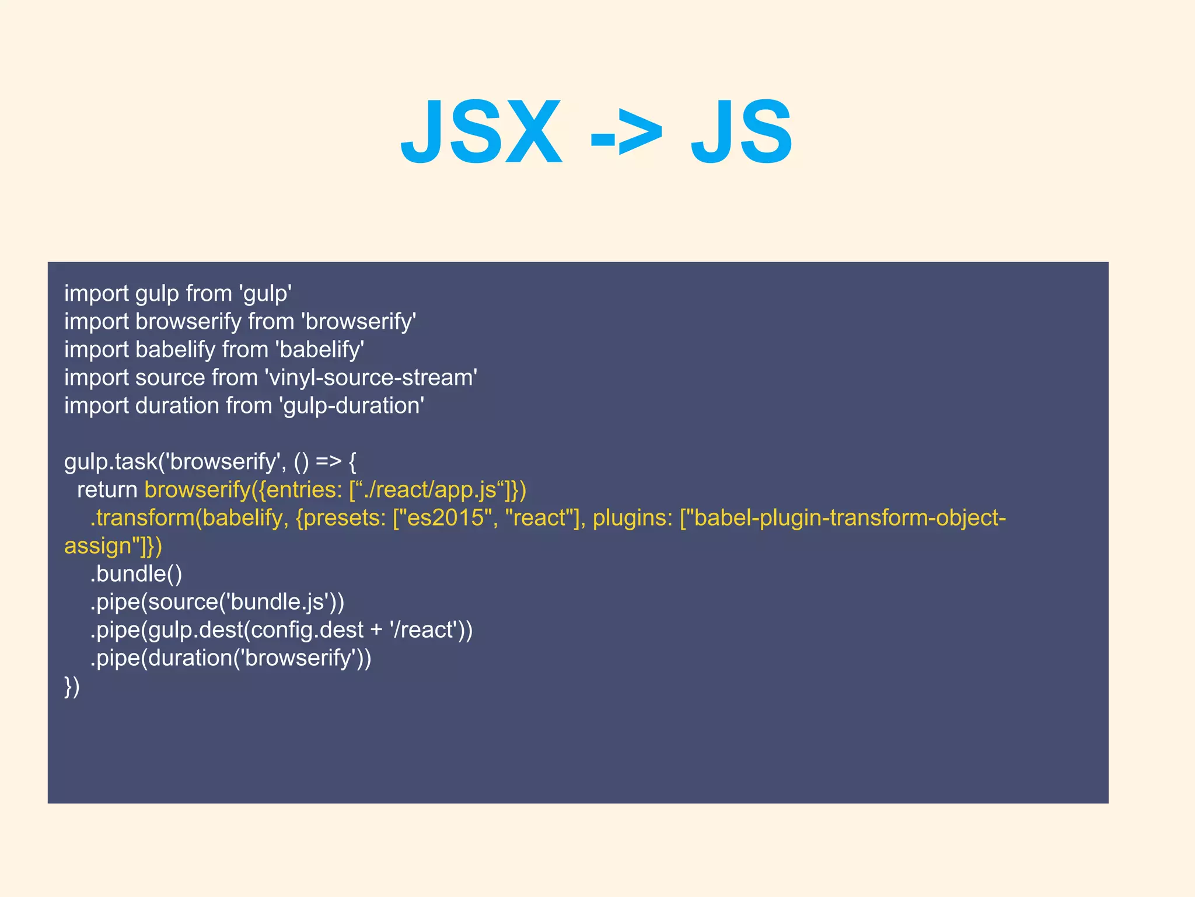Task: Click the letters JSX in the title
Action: pyautogui.click(x=481, y=133)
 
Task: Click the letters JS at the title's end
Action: pyautogui.click(x=741, y=133)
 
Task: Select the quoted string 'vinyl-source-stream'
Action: pyautogui.click(x=371, y=378)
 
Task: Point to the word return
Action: pyautogui.click(x=107, y=490)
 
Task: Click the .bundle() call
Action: pyautogui.click(x=136, y=574)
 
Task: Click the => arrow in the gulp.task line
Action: pyautogui.click(x=328, y=462)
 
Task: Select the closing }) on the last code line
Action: pyautogui.click(x=72, y=686)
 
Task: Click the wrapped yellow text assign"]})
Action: pyautogui.click(x=113, y=546)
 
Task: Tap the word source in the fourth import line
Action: pyautogui.click(x=170, y=378)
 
